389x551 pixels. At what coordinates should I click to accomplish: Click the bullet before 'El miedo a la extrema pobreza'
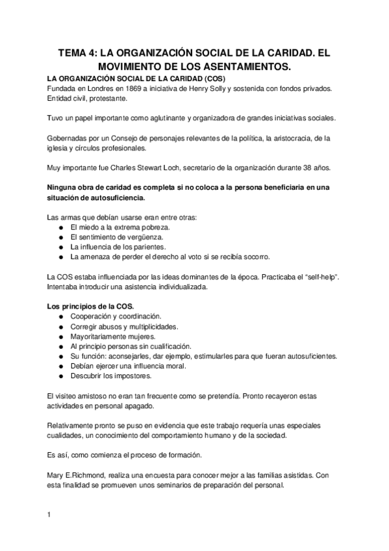click(60, 228)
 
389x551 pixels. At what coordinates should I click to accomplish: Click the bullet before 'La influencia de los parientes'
click(60, 247)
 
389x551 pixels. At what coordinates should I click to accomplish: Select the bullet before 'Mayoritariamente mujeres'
click(60, 337)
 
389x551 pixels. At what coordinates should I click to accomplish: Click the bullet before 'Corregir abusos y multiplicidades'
click(60, 327)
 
